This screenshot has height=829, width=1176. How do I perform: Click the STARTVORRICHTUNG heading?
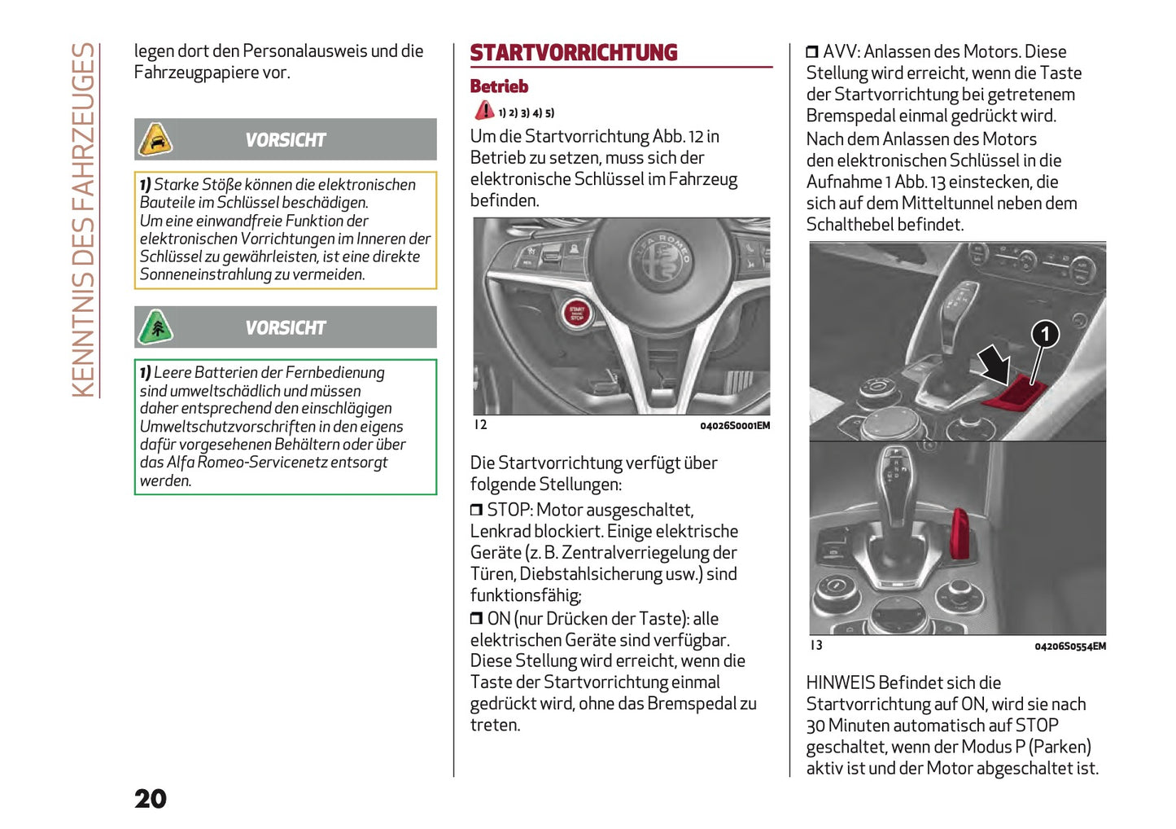tap(573, 53)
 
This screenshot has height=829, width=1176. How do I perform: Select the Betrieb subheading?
tap(499, 86)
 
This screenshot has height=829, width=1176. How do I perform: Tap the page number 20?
tap(151, 798)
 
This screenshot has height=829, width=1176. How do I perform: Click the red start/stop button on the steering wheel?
tap(576, 313)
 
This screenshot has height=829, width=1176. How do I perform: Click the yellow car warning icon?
tap(155, 139)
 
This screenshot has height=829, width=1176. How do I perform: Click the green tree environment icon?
tap(155, 327)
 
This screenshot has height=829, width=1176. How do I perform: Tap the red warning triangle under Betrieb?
tap(484, 111)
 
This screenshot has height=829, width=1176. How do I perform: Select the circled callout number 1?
tap(1045, 334)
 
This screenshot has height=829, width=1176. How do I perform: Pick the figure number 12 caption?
tap(480, 425)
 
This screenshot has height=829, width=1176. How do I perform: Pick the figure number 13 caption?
tap(815, 646)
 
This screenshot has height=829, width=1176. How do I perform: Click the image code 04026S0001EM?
tap(734, 426)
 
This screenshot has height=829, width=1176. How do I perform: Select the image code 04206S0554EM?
tap(1069, 647)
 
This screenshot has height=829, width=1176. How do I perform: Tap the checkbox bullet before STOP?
tap(476, 511)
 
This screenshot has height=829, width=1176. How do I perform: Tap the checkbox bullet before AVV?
tap(811, 52)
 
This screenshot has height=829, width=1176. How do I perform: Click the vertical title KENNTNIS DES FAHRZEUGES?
tap(84, 220)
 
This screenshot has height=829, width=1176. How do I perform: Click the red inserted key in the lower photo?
tap(960, 534)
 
